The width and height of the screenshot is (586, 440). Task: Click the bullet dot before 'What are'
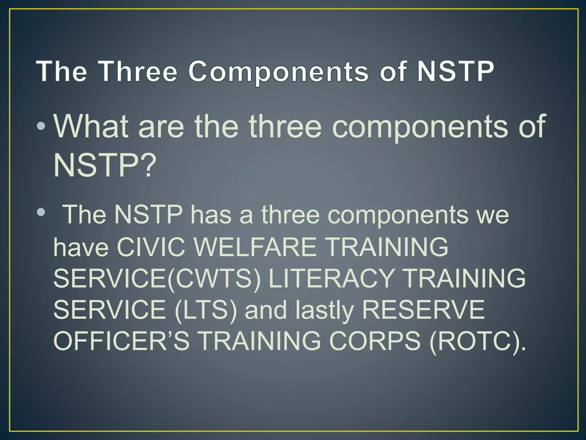tap(41, 126)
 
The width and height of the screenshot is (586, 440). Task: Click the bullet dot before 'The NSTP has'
tap(41, 212)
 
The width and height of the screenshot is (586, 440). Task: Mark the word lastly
tap(325, 310)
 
